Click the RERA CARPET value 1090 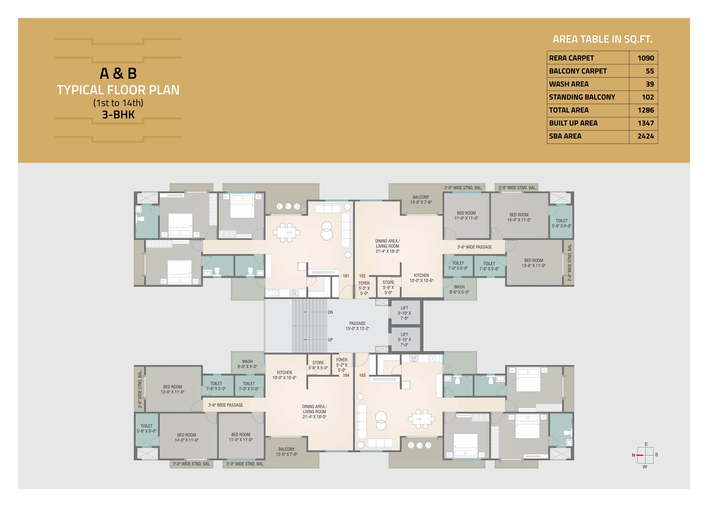click(646, 58)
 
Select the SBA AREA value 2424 click(646, 136)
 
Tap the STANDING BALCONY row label click(582, 97)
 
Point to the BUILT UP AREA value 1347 click(646, 123)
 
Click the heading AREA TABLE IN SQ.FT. click(603, 39)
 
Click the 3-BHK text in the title click(118, 115)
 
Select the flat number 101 click(346, 276)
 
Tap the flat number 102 click(362, 276)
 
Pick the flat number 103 click(362, 375)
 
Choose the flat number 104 click(346, 375)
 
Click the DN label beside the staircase click(330, 312)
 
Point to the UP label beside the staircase click(330, 340)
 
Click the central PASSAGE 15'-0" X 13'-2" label click(357, 326)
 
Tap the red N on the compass click(633, 455)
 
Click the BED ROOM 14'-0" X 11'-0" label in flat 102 click(519, 217)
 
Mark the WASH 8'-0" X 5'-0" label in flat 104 click(247, 364)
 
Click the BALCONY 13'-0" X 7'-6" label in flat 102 click(421, 199)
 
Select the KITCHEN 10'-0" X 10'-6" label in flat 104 click(284, 375)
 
